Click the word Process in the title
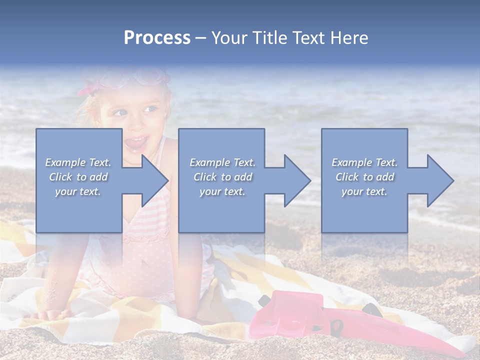click(157, 38)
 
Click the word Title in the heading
click(268, 38)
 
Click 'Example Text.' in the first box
click(78, 162)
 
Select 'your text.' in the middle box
click(222, 191)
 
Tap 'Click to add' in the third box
click(364, 177)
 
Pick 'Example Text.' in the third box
click(364, 162)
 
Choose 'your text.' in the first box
click(78, 191)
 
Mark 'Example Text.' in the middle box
click(222, 162)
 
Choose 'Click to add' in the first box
click(78, 177)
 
